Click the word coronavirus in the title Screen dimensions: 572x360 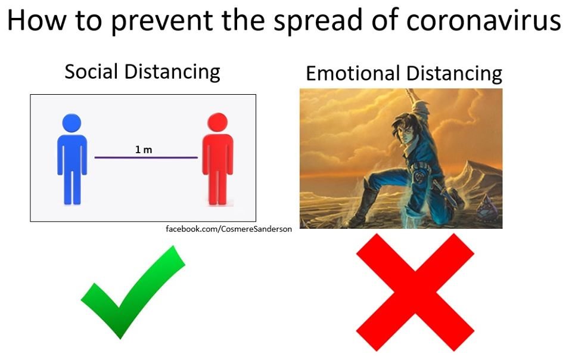[483, 20]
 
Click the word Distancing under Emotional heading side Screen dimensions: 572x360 [454, 75]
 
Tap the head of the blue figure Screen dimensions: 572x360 [71, 123]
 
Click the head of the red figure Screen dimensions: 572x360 [217, 122]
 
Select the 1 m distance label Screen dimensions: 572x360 [144, 150]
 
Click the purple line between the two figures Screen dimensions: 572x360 [146, 157]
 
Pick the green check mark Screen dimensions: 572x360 [133, 292]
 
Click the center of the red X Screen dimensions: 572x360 [415, 292]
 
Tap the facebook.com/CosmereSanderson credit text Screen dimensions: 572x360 [229, 229]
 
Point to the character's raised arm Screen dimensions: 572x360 [420, 110]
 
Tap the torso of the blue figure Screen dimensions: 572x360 [72, 153]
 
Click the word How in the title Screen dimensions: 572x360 [36, 20]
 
